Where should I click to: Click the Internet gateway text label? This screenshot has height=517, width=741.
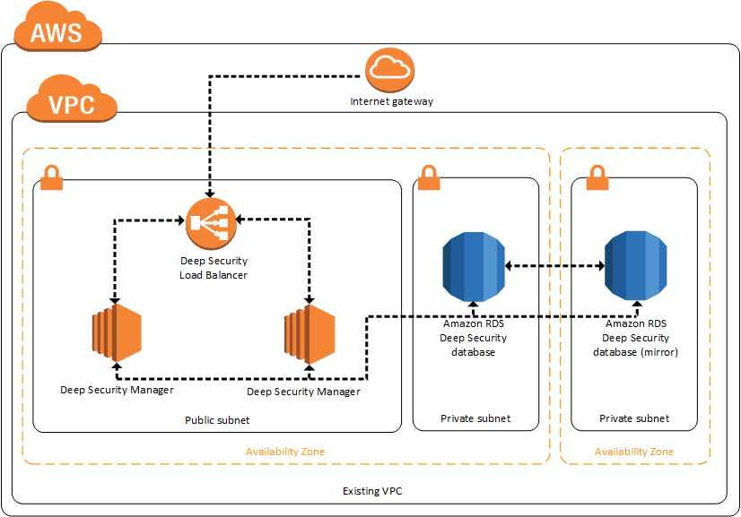point(391,101)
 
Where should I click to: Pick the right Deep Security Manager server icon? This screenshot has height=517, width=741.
point(309,332)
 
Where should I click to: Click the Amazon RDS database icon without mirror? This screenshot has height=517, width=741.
point(473,265)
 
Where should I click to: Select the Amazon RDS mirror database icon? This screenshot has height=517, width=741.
point(636,265)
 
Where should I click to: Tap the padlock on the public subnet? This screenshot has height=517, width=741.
point(51,177)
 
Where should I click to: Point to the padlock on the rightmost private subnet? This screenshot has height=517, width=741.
point(597,177)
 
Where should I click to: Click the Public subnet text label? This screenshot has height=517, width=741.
point(217,419)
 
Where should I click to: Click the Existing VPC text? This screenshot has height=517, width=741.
point(373,491)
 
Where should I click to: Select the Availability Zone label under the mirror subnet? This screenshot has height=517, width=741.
point(634,452)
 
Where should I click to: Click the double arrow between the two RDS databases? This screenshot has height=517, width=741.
point(554,265)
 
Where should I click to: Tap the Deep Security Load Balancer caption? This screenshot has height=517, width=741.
point(214,269)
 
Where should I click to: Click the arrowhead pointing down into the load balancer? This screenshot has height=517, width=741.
point(210,194)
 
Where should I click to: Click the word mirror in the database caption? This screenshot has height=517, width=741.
point(660,352)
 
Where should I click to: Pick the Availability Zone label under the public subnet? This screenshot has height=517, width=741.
point(285,452)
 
